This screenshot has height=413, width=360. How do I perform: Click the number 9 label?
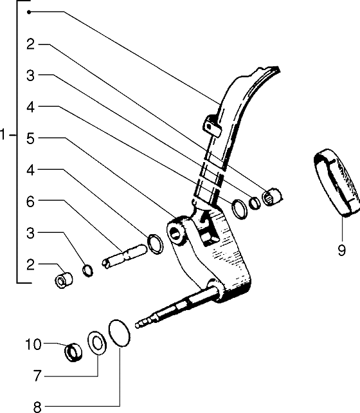[x=341, y=250]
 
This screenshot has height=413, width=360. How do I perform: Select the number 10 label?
[x=33, y=345]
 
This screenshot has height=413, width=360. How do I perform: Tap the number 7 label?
[x=38, y=376]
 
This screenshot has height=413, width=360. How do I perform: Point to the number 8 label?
[x=37, y=407]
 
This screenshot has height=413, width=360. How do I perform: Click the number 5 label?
[x=30, y=138]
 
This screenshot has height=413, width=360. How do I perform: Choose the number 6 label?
[x=30, y=202]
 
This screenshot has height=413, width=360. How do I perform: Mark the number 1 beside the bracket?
[x=3, y=135]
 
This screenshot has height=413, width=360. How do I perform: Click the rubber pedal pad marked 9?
[x=337, y=183]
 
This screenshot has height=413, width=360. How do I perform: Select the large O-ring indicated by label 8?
[x=119, y=333]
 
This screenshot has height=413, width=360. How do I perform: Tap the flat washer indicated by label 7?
[x=97, y=343]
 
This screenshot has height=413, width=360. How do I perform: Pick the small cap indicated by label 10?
[x=73, y=353]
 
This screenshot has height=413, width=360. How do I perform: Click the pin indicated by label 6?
[x=124, y=257]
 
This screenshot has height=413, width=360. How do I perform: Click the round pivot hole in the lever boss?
[x=174, y=233]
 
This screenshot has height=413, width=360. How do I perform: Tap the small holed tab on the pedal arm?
[x=212, y=126]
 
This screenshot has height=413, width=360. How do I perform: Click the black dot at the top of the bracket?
[x=29, y=12]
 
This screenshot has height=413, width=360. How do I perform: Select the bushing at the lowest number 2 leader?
[x=64, y=280]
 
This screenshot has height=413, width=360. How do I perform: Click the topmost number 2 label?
[x=30, y=44]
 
